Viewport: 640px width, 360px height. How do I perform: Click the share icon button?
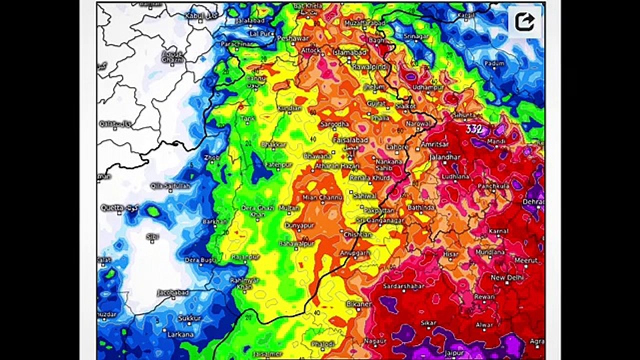pos(524,21)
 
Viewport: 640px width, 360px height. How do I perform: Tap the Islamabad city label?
pos(350,52)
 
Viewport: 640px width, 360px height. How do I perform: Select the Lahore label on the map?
pos(398,147)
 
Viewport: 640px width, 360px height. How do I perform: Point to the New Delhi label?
pos(506,277)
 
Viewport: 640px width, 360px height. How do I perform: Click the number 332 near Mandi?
pos(474,129)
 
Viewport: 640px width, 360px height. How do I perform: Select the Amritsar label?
pos(434,144)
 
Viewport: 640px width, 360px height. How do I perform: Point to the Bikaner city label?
pos(359,303)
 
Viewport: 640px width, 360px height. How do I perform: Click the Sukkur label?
pos(189,318)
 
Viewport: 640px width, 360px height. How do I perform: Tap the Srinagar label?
pos(416,36)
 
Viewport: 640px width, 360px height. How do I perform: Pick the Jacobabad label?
pos(172,292)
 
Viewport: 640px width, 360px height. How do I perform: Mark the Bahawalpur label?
pos(296,243)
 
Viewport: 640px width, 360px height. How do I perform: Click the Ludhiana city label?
pos(455,176)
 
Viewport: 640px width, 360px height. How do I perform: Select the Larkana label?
pos(180,333)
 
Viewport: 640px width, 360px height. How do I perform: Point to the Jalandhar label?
pos(444,157)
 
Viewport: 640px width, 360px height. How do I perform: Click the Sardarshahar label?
pos(403,286)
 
